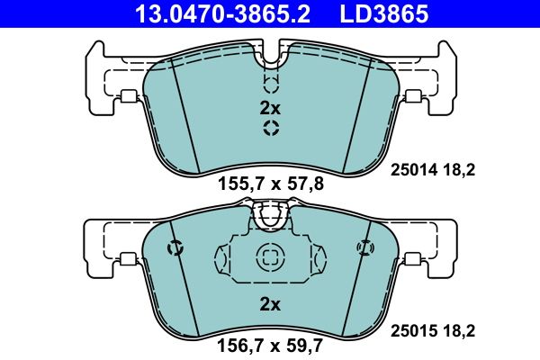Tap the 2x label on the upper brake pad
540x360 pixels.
(x=270, y=108)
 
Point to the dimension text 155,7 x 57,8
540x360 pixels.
(x=270, y=184)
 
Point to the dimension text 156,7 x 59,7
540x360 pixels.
(x=270, y=343)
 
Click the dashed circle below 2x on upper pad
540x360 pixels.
(x=270, y=129)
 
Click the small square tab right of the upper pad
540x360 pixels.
(x=414, y=98)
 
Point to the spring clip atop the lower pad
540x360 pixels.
(x=270, y=215)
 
